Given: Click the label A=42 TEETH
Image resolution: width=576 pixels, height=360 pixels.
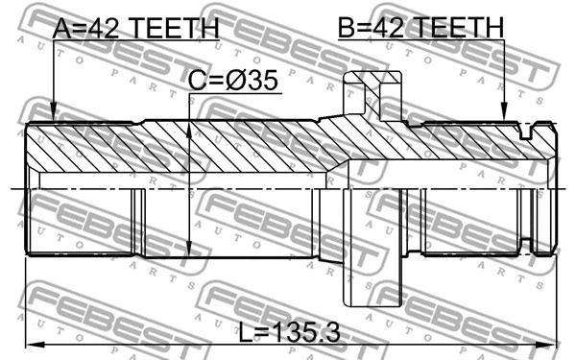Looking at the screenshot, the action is point(136,28).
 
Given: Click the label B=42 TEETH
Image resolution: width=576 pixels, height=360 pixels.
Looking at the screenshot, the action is point(420,27).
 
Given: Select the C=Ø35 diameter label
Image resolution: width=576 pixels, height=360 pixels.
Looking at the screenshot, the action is point(233,81).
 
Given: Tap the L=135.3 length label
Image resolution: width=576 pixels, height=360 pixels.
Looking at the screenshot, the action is point(290,333).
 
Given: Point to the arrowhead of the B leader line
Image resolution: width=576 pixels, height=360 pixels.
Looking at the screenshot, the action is point(504,111).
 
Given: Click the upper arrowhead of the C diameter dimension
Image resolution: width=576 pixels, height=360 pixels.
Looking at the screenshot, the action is point(189,132).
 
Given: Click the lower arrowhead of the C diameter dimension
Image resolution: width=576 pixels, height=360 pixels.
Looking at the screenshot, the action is point(189,248).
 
